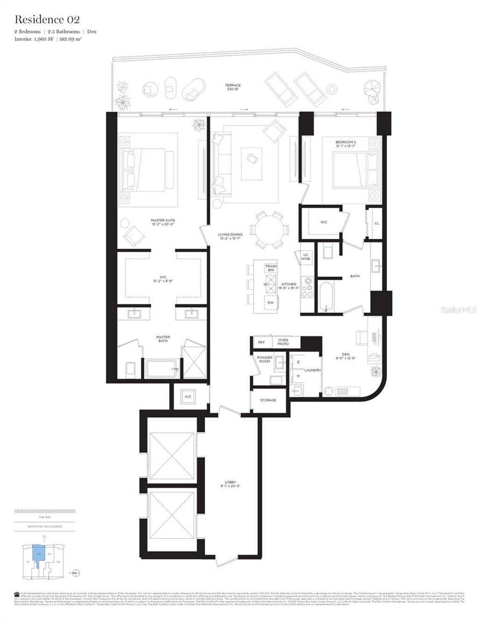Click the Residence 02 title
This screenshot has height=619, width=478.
pyautogui.click(x=47, y=20)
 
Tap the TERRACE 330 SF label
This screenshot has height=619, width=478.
pyautogui.click(x=232, y=87)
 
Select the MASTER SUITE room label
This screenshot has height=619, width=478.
pyautogui.click(x=163, y=222)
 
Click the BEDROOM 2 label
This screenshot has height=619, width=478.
pyautogui.click(x=345, y=144)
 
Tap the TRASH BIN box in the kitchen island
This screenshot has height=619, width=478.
pyautogui.click(x=271, y=268)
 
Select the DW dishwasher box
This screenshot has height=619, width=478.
pyautogui.click(x=271, y=302)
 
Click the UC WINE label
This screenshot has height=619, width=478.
pyautogui.click(x=306, y=257)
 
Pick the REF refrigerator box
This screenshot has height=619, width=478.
pyautogui.click(x=261, y=342)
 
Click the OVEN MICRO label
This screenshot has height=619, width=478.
pyautogui.click(x=283, y=342)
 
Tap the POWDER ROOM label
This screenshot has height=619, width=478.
pyautogui.click(x=265, y=359)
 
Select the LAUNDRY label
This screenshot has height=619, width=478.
pyautogui.click(x=312, y=370)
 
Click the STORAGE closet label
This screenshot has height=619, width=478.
pyautogui.click(x=268, y=400)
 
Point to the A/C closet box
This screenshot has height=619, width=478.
pyautogui.click(x=188, y=397)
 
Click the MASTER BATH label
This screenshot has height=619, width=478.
pyautogui.click(x=163, y=339)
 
